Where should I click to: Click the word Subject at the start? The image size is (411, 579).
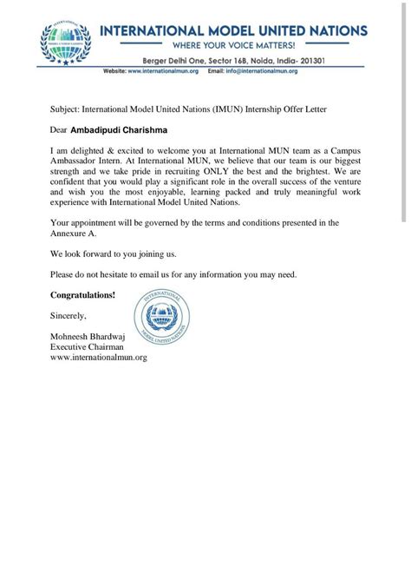63,111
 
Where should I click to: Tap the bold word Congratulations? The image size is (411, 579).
82,295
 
